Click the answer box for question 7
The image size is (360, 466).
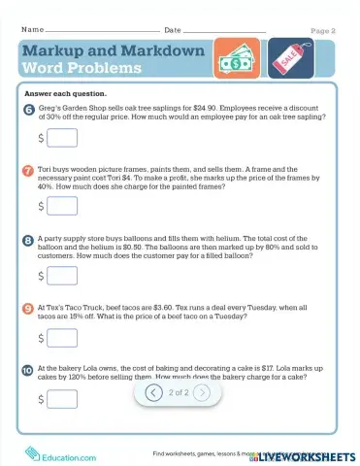(x=62, y=206)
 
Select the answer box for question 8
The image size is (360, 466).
(x=62, y=276)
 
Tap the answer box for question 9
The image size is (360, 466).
(x=62, y=338)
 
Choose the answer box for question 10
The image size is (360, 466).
(x=62, y=399)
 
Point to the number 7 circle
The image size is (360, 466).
(x=27, y=170)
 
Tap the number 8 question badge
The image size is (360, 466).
(x=27, y=238)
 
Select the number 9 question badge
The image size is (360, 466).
(x=27, y=308)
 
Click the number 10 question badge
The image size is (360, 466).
(x=27, y=370)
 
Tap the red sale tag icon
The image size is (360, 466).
(x=289, y=60)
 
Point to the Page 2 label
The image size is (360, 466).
(x=323, y=31)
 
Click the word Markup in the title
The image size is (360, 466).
(x=55, y=50)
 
